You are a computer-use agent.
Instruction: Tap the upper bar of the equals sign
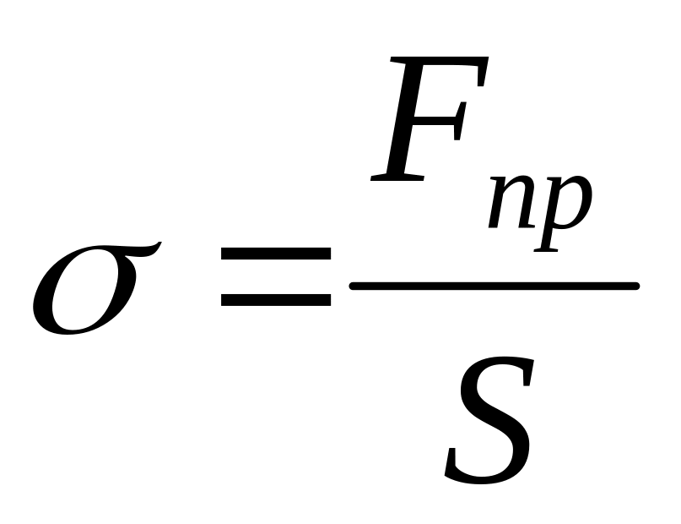pos(276,254)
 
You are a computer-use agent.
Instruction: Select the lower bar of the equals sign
pos(276,297)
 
